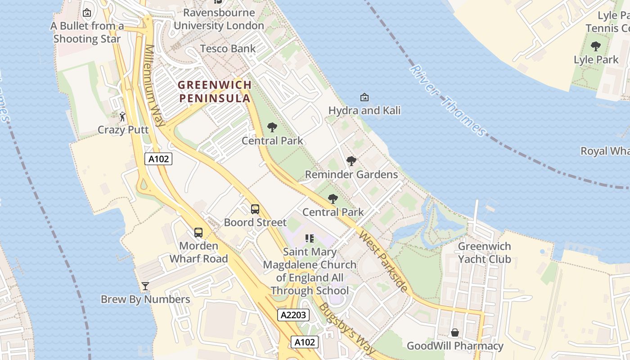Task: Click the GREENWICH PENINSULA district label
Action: (x=215, y=91)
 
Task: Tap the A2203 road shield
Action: (x=293, y=315)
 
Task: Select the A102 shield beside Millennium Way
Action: (x=158, y=158)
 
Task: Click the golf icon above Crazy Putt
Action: (x=122, y=117)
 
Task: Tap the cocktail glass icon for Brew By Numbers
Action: (x=145, y=286)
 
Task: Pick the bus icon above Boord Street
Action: (x=255, y=209)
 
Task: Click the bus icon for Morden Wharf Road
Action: (x=198, y=232)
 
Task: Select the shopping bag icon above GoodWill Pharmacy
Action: (x=455, y=333)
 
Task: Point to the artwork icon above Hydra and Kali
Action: (x=364, y=97)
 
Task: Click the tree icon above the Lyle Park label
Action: (x=596, y=46)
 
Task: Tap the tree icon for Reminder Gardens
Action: (x=351, y=161)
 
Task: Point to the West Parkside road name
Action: (x=383, y=261)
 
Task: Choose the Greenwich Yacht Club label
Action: (x=484, y=252)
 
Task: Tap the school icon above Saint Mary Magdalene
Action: (x=310, y=238)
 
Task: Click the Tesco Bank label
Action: (x=228, y=49)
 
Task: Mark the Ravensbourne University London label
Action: (x=219, y=19)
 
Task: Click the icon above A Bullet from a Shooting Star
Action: (x=87, y=13)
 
